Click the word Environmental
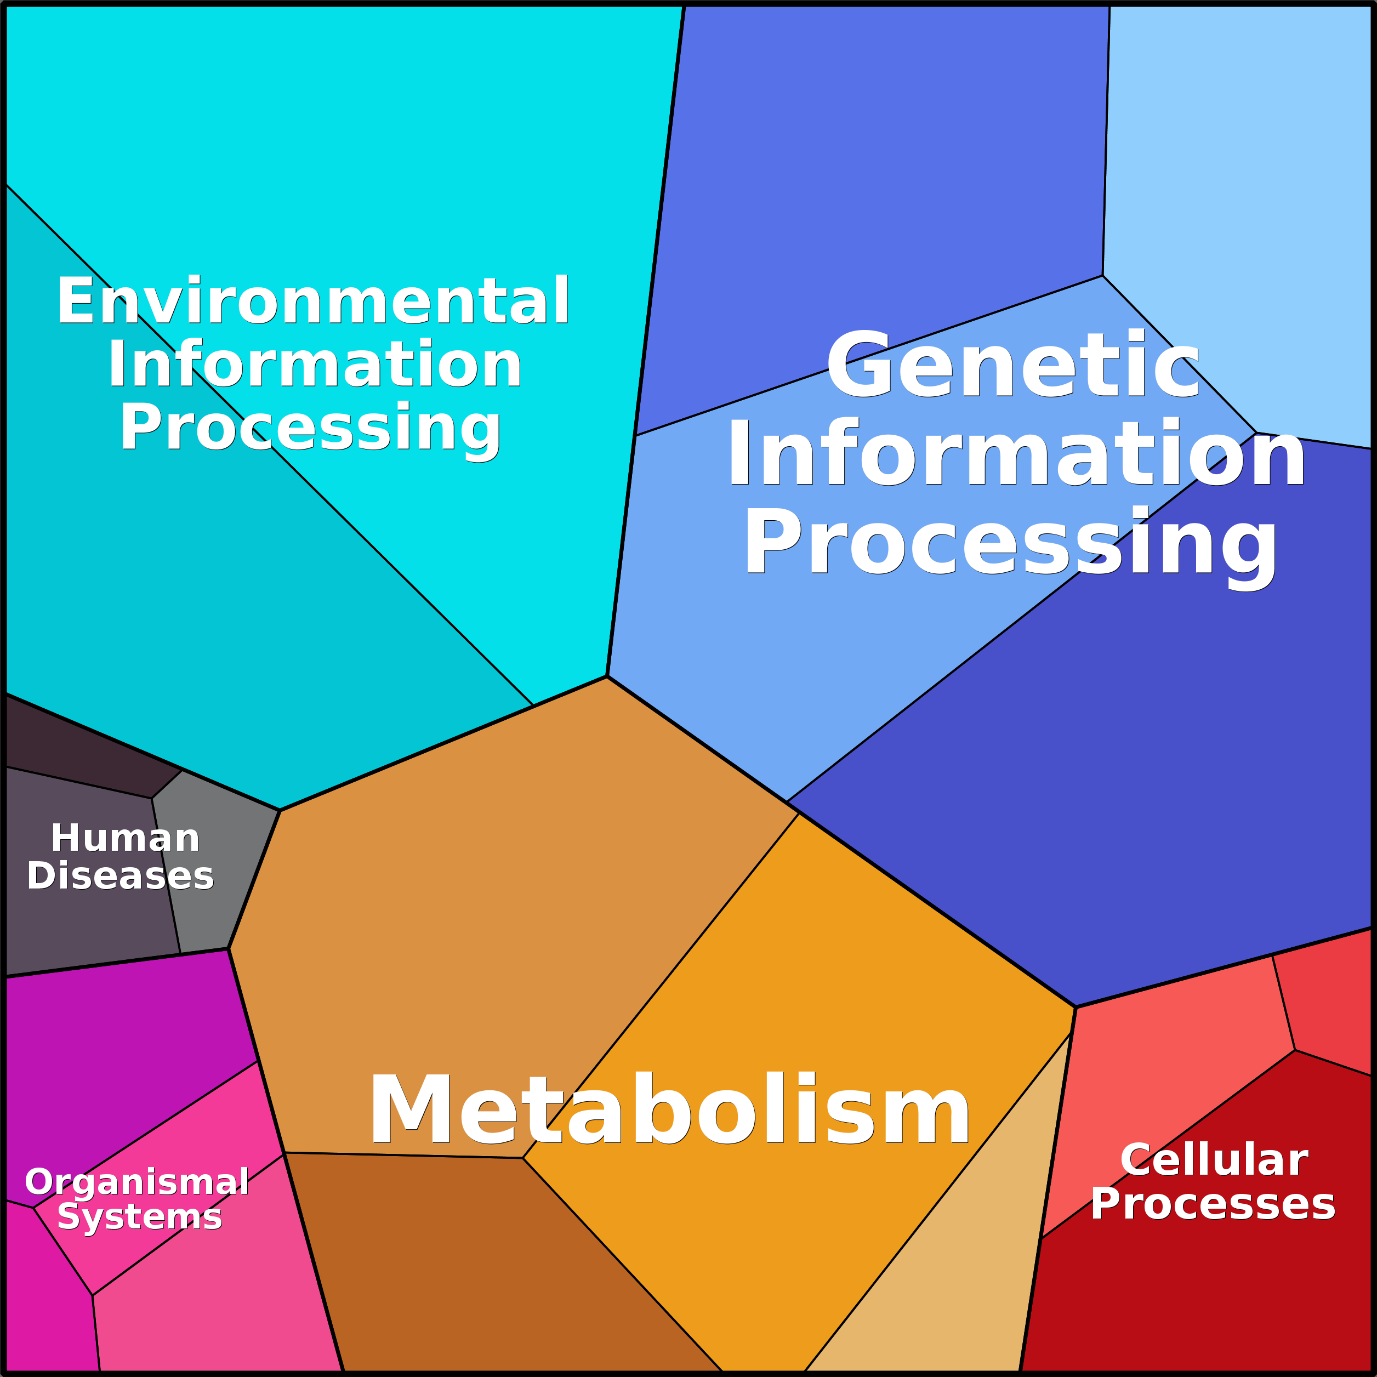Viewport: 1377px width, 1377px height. tap(314, 301)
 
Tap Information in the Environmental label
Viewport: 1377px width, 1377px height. tap(315, 364)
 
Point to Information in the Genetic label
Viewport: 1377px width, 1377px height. tap(1016, 453)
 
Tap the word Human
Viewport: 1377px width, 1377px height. tap(126, 838)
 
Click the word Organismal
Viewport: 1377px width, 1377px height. tap(137, 1182)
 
